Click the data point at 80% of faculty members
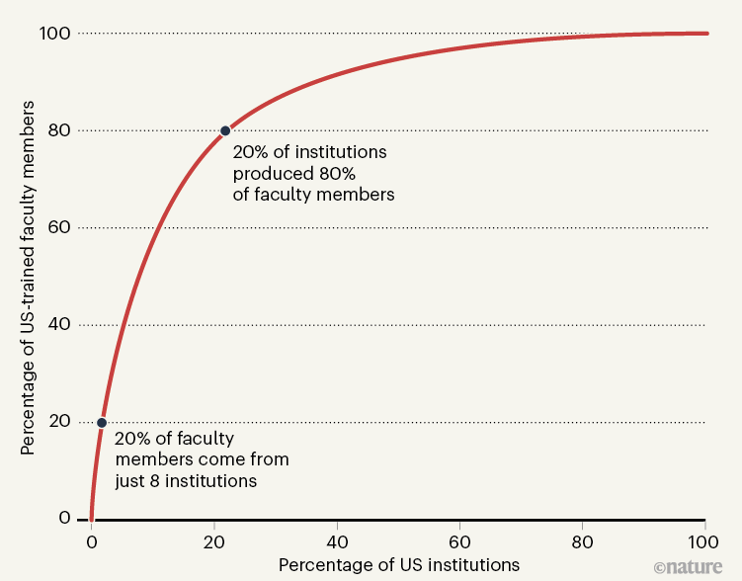pos(225,130)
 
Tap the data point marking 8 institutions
pos(101,422)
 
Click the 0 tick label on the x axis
pos(91,540)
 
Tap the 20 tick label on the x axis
pos(214,540)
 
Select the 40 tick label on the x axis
pos(338,540)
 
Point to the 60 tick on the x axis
pos(459,540)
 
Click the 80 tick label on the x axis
pos(583,540)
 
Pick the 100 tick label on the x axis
pos(703,540)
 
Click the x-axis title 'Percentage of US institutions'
pos(398,565)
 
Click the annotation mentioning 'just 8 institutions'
pos(201,459)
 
